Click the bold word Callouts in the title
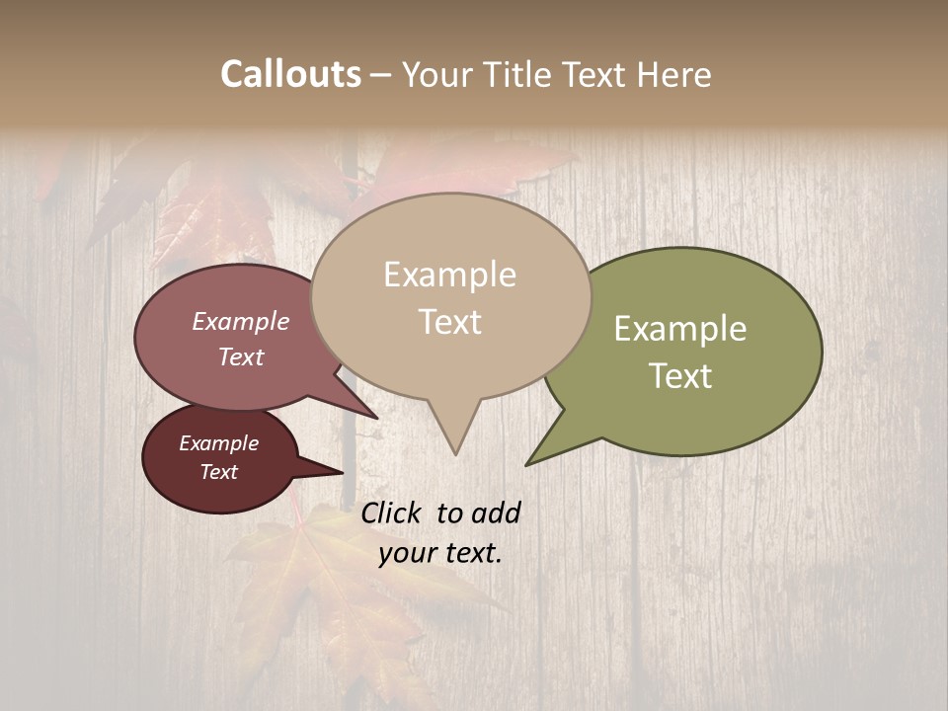pyautogui.click(x=290, y=74)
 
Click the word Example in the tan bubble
pyautogui.click(x=449, y=275)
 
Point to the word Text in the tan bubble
pyautogui.click(x=449, y=322)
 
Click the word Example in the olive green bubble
pyautogui.click(x=680, y=329)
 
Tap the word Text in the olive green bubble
pyautogui.click(x=680, y=376)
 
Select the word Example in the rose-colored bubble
pyautogui.click(x=241, y=321)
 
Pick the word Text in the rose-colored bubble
pyautogui.click(x=241, y=356)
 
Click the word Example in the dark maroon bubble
pyautogui.click(x=219, y=443)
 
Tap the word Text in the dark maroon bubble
pyautogui.click(x=219, y=472)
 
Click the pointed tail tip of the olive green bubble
pyautogui.click(x=527, y=464)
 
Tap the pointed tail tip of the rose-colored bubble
pyautogui.click(x=376, y=418)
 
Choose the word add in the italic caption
pyautogui.click(x=496, y=513)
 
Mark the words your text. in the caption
pyautogui.click(x=440, y=553)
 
